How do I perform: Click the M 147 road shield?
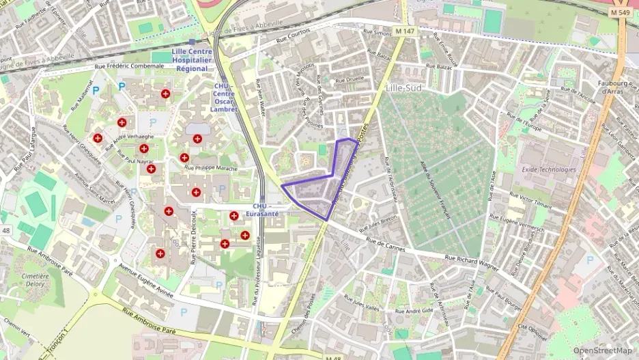pyautogui.click(x=405, y=31)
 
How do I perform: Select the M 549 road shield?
pyautogui.click(x=620, y=12)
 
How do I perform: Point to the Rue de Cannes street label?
pyautogui.click(x=386, y=245)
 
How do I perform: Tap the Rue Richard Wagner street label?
pyautogui.click(x=472, y=260)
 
